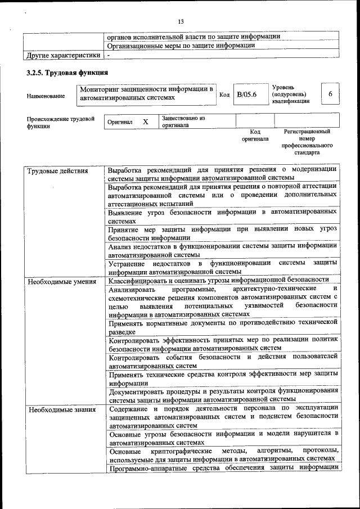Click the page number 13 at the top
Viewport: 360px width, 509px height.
click(181, 21)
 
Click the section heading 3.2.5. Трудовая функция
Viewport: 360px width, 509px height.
click(67, 73)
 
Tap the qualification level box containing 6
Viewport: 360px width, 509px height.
click(330, 94)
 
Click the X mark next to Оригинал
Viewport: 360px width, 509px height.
click(145, 121)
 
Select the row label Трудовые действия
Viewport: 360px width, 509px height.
click(57, 171)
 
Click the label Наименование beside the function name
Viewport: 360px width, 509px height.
click(46, 96)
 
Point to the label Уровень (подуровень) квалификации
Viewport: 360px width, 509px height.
click(290, 94)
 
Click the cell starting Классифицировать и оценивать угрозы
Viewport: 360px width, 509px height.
click(218, 280)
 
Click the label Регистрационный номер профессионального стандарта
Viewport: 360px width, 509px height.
click(307, 142)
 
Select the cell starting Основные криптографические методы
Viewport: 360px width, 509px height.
click(222, 454)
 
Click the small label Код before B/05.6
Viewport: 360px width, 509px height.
click(224, 94)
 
